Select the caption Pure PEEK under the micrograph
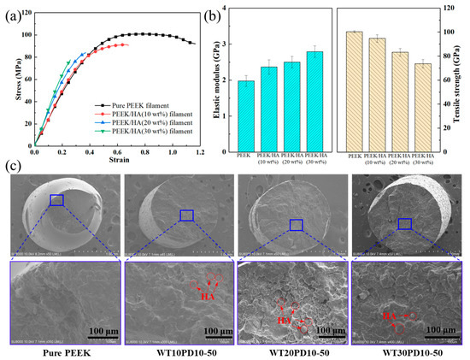pyautogui.click(x=56, y=351)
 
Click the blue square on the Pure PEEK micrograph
pyautogui.click(x=56, y=200)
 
